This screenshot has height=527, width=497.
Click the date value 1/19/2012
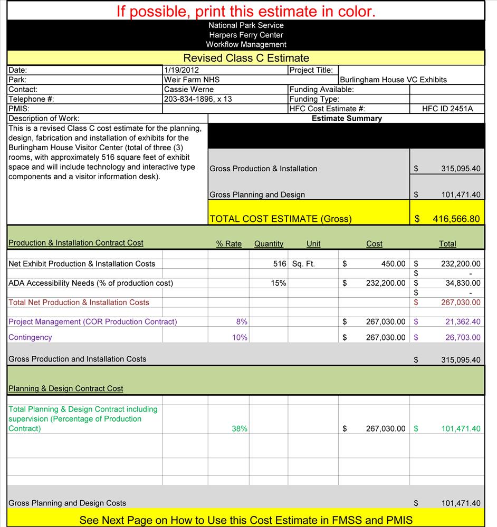tap(181, 70)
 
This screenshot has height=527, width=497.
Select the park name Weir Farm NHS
tap(192, 80)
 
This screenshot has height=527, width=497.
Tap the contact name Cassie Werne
tap(189, 90)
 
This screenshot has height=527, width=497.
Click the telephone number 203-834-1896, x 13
tap(198, 99)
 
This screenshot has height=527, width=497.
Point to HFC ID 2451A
tap(447, 109)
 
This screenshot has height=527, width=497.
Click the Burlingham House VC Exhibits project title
tap(393, 80)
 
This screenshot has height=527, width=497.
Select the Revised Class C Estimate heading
tap(246, 58)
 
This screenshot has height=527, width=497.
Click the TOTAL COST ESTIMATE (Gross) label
tap(281, 219)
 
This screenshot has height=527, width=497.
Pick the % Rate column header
tap(228, 243)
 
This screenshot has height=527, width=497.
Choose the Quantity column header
tap(269, 243)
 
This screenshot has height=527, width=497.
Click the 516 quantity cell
tap(280, 263)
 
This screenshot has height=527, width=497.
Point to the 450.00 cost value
tap(394, 263)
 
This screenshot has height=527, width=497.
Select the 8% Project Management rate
tap(242, 321)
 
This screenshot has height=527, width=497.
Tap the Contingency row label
tap(30, 337)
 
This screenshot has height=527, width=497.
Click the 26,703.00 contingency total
tap(463, 337)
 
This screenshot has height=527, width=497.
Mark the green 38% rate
tap(240, 429)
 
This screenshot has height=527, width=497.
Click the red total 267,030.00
tap(461, 302)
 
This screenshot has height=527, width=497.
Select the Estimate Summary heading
tap(346, 119)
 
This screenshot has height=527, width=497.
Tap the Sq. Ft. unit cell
tap(303, 263)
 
